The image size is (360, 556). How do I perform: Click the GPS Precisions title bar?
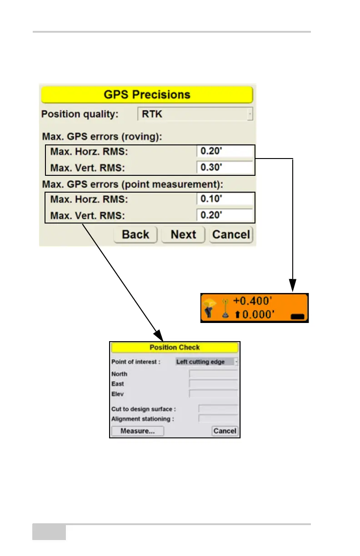[147, 94]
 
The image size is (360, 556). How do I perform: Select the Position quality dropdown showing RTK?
[195, 114]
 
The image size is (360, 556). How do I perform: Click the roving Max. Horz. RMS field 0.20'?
[225, 151]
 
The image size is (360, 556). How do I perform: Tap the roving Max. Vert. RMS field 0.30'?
[225, 167]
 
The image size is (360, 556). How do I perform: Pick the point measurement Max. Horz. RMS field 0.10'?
[225, 199]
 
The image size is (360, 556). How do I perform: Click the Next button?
[183, 234]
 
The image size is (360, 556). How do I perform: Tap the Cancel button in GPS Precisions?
[231, 234]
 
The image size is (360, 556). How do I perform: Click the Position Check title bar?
[175, 347]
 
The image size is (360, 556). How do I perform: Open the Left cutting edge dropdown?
[207, 362]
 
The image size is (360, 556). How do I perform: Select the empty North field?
[213, 374]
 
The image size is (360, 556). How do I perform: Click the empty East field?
[213, 384]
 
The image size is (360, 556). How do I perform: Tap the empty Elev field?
[213, 394]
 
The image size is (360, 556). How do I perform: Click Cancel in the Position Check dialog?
[225, 431]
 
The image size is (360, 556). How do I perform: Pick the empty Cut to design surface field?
[218, 409]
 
